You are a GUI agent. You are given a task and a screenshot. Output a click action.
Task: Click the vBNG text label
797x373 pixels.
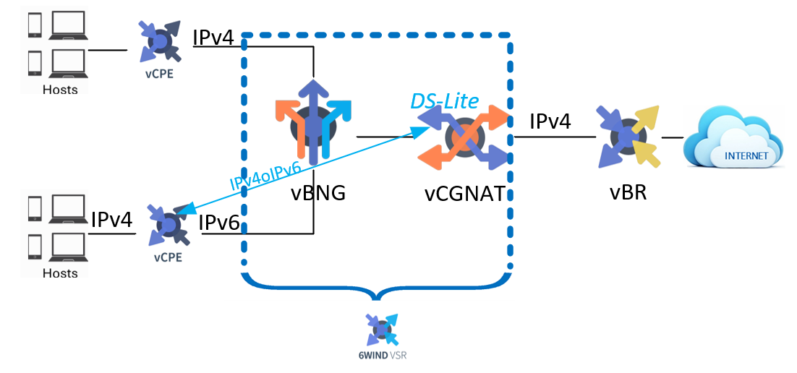(318, 194)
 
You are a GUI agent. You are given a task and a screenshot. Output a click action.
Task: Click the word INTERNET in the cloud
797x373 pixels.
(746, 155)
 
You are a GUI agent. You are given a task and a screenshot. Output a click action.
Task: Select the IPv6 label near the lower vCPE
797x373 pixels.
(219, 222)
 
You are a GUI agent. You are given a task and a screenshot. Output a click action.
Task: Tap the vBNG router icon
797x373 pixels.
(313, 122)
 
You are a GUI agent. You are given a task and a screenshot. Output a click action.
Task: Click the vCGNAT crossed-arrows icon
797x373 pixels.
(464, 136)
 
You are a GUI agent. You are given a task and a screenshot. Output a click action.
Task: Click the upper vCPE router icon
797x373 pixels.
(160, 40)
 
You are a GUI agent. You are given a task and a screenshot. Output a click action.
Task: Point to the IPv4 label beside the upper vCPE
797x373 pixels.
(213, 37)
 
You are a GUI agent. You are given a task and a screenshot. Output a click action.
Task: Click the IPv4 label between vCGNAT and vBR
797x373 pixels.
(550, 121)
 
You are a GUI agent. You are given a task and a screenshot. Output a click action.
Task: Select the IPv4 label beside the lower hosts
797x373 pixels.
(112, 220)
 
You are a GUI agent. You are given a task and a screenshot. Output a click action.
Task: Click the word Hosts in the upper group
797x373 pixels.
(60, 90)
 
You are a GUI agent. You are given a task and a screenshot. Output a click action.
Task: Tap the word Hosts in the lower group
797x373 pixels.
(60, 273)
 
